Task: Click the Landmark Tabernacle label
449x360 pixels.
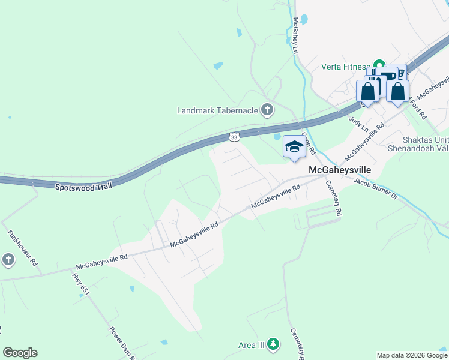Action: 217,110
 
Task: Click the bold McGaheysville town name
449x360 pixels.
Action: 340,170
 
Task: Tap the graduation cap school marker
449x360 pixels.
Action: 294,146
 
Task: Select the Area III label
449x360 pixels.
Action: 251,344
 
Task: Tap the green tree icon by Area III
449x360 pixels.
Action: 274,344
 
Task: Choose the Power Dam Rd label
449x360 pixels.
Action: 121,343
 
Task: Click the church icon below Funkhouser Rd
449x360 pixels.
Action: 8,259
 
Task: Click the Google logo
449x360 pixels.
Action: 20,353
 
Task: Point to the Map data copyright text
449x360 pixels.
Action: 411,355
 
